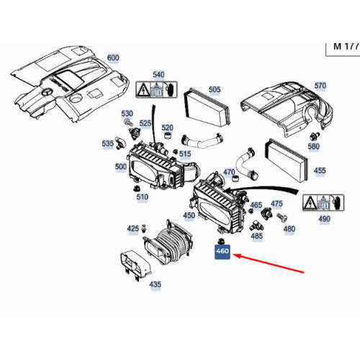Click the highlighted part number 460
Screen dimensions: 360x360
222,252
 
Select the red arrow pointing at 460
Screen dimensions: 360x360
269,264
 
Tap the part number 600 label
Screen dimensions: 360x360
113,58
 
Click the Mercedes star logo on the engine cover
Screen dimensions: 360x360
45,93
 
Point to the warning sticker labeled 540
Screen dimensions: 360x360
156,89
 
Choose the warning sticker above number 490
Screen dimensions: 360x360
323,203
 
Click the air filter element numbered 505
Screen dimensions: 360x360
207,107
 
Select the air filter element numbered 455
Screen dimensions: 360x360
286,160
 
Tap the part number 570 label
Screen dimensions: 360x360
320,86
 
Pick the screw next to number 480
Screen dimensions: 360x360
282,217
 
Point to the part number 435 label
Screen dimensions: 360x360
155,284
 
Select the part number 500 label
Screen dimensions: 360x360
121,166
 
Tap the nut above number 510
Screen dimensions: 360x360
136,188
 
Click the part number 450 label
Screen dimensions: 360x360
189,215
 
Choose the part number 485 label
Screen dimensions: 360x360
257,236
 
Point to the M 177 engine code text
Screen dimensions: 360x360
346,47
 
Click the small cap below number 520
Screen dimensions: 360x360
167,136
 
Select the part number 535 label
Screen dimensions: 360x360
108,143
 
